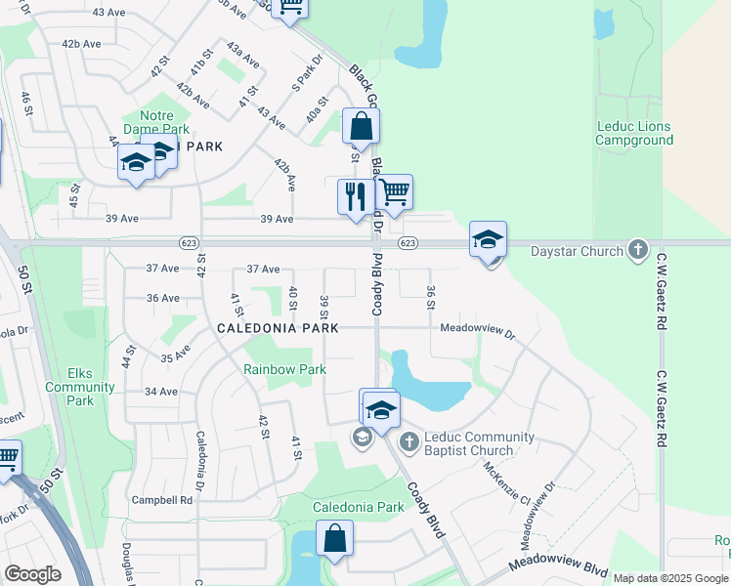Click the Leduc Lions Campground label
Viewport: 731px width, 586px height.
tap(635, 133)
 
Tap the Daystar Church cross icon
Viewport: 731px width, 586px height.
tap(638, 250)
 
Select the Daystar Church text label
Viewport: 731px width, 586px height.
tap(577, 251)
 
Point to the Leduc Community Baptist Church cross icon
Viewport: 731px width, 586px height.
tap(408, 442)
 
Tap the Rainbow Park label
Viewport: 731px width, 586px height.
tap(284, 369)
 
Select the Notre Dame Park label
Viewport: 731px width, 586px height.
tap(150, 121)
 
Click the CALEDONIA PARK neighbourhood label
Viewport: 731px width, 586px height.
tap(278, 328)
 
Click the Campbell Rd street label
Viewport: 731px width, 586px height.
tap(161, 499)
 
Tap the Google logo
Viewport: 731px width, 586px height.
tap(32, 574)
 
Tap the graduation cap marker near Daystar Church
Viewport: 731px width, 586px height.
tap(489, 238)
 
